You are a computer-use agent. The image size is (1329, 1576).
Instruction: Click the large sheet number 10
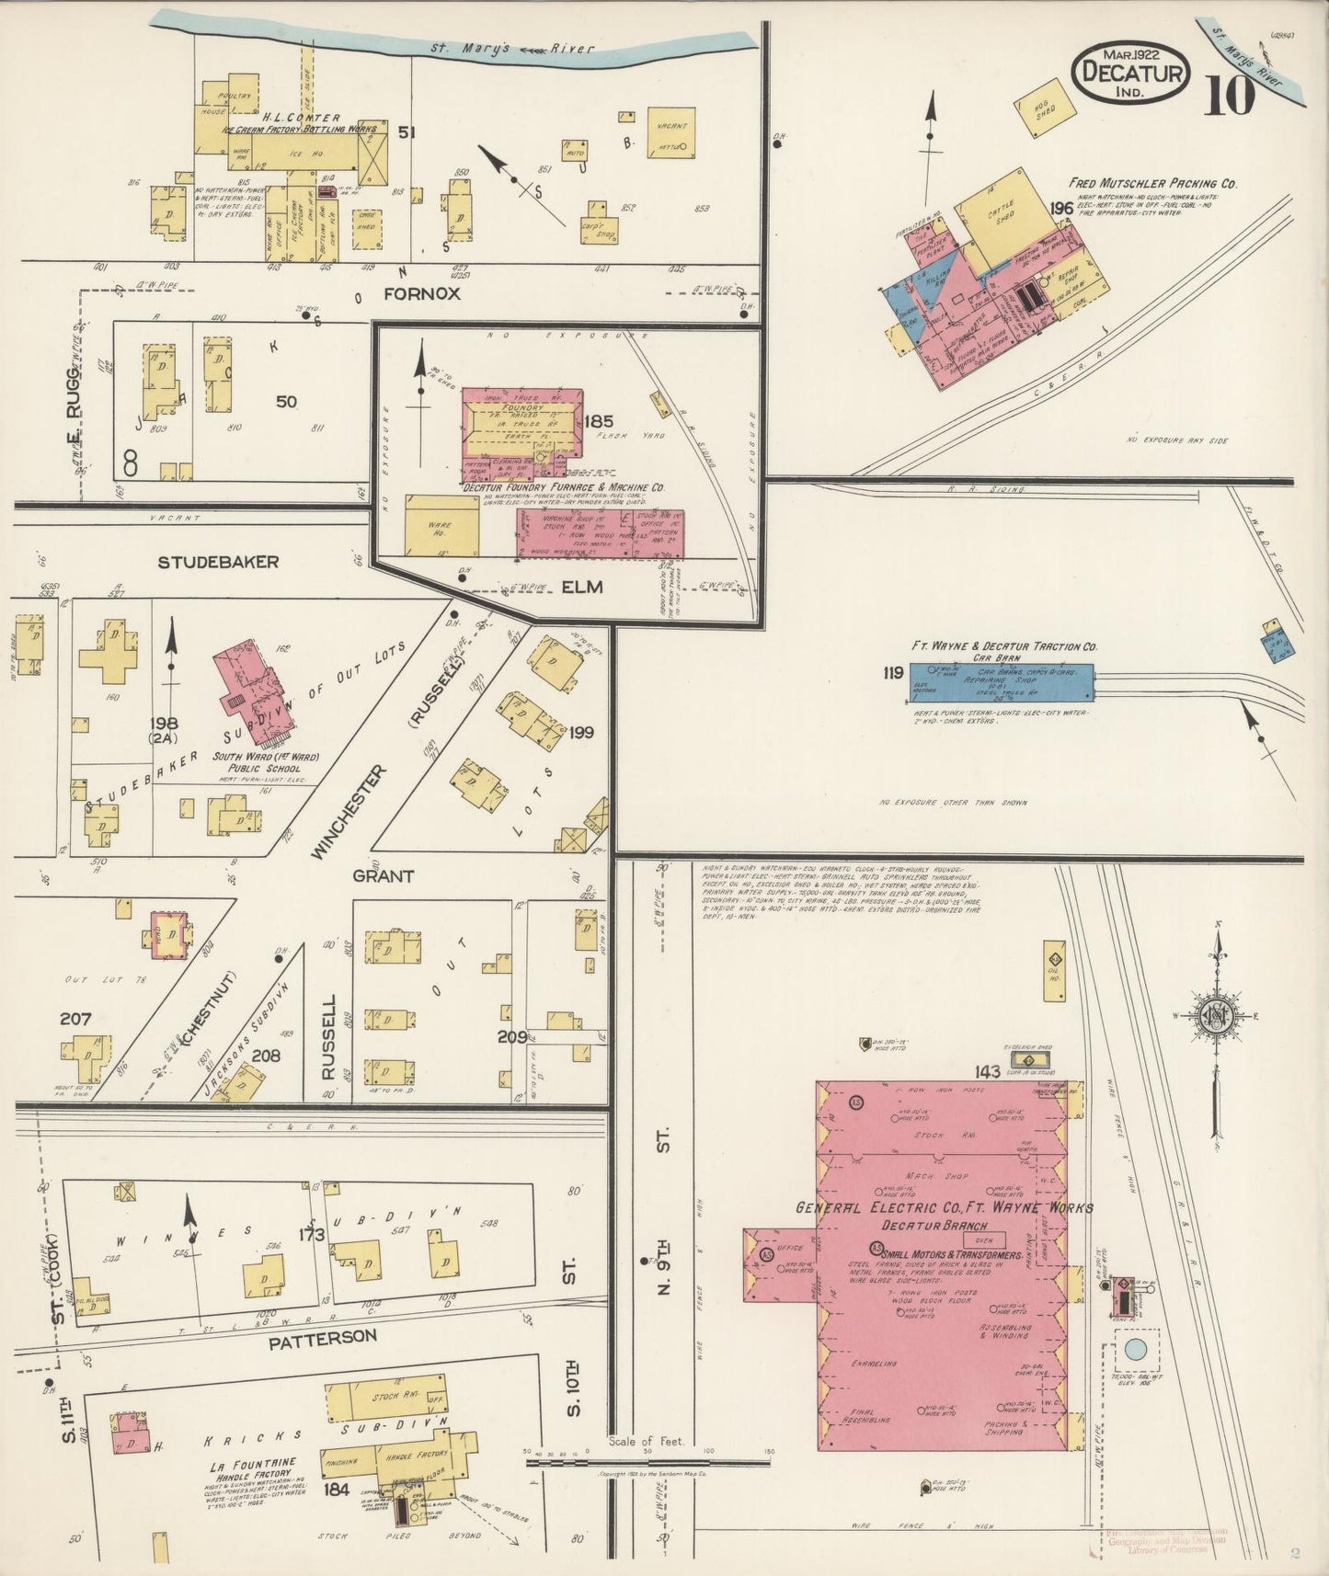click(1228, 95)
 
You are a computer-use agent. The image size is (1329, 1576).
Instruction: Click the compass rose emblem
click(1215, 1016)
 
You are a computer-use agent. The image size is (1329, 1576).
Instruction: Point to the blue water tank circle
click(1134, 1351)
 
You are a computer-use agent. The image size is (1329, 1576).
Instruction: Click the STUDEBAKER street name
click(218, 561)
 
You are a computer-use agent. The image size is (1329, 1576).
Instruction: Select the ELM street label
click(581, 586)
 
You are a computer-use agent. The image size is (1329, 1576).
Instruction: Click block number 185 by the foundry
click(598, 422)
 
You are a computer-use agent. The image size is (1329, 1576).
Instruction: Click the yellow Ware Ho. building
click(441, 525)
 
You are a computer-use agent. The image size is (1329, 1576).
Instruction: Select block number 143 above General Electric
click(988, 1072)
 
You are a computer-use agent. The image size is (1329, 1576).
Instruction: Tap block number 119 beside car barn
click(891, 673)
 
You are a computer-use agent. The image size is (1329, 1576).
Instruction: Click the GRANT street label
click(383, 876)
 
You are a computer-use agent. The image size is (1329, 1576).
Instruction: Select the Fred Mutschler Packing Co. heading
click(1151, 184)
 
